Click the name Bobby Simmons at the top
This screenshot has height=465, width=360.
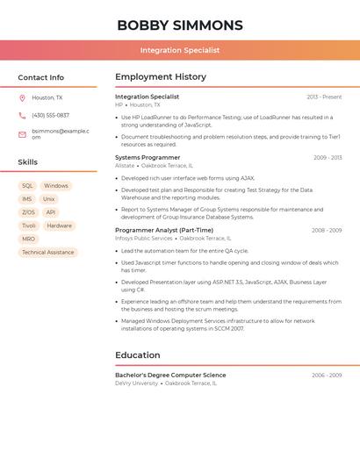(180, 25)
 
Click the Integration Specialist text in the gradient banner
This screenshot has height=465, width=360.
(180, 51)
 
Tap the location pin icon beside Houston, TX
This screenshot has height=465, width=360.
(22, 97)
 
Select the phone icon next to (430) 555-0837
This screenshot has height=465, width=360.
(22, 115)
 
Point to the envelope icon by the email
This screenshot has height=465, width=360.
(22, 134)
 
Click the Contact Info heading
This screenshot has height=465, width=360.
(41, 77)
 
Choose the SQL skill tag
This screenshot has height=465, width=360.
(27, 186)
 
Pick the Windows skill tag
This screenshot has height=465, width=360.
(55, 186)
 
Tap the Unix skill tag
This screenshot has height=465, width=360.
(49, 199)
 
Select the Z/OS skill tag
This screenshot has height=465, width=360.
(28, 212)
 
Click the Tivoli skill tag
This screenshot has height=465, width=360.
(29, 225)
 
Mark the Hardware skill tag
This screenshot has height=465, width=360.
(59, 225)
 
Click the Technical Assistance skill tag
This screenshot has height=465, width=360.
(48, 253)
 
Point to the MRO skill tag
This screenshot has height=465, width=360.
(29, 239)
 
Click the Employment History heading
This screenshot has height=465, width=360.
(161, 77)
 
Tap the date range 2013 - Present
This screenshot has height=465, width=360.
(324, 97)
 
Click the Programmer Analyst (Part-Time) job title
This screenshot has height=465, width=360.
(164, 230)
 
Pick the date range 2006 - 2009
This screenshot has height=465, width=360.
(327, 376)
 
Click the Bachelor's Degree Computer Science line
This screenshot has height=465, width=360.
(170, 376)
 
